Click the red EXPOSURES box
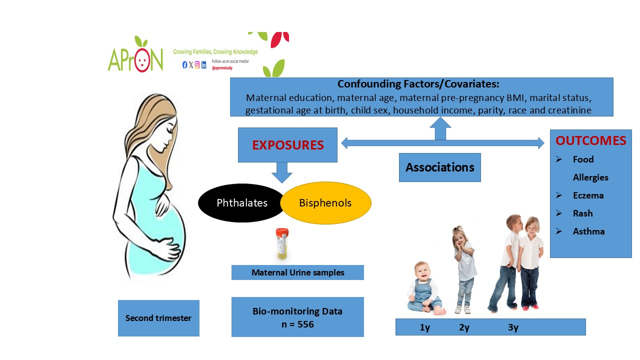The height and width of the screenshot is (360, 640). tap(287, 145)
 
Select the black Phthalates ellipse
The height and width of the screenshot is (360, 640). tap(242, 203)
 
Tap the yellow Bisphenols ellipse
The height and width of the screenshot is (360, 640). tap(325, 203)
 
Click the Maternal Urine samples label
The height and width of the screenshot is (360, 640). tap(297, 272)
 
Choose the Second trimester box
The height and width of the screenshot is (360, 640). tap(158, 318)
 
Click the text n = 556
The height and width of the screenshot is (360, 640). tap(297, 324)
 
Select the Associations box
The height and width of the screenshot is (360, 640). tap(439, 167)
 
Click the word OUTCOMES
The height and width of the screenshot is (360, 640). tap(590, 141)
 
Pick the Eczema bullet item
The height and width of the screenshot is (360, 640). tap(588, 195)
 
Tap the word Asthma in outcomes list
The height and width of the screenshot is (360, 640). tap(588, 231)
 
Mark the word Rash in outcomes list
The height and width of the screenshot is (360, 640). tap(582, 213)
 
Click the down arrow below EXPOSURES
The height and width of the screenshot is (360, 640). tap(282, 172)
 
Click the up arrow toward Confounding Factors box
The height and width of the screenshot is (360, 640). tap(440, 128)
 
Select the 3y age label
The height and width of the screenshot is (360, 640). tap(512, 328)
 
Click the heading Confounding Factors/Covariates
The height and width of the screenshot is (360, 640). tap(418, 84)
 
